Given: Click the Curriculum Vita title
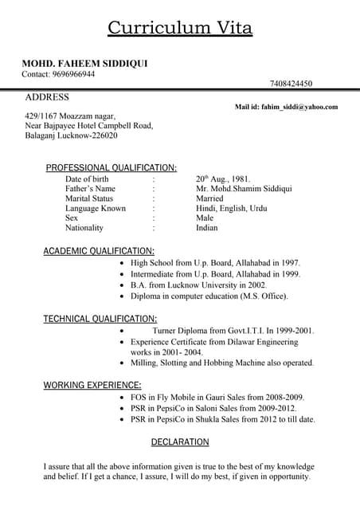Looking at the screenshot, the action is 180,29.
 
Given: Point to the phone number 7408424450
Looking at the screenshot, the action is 291,84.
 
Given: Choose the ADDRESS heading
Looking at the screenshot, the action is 47,97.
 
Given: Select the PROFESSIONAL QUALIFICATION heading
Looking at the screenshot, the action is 111,167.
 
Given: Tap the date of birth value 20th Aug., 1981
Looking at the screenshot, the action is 223,179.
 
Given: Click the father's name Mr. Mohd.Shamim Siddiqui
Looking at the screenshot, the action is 244,189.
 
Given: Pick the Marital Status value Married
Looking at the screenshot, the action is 209,198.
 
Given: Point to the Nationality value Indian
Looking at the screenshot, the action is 206,227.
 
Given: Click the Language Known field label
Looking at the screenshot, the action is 96,208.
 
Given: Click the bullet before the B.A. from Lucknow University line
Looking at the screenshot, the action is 120,284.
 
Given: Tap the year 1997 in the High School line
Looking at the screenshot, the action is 289,262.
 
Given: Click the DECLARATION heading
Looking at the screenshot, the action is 180,441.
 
